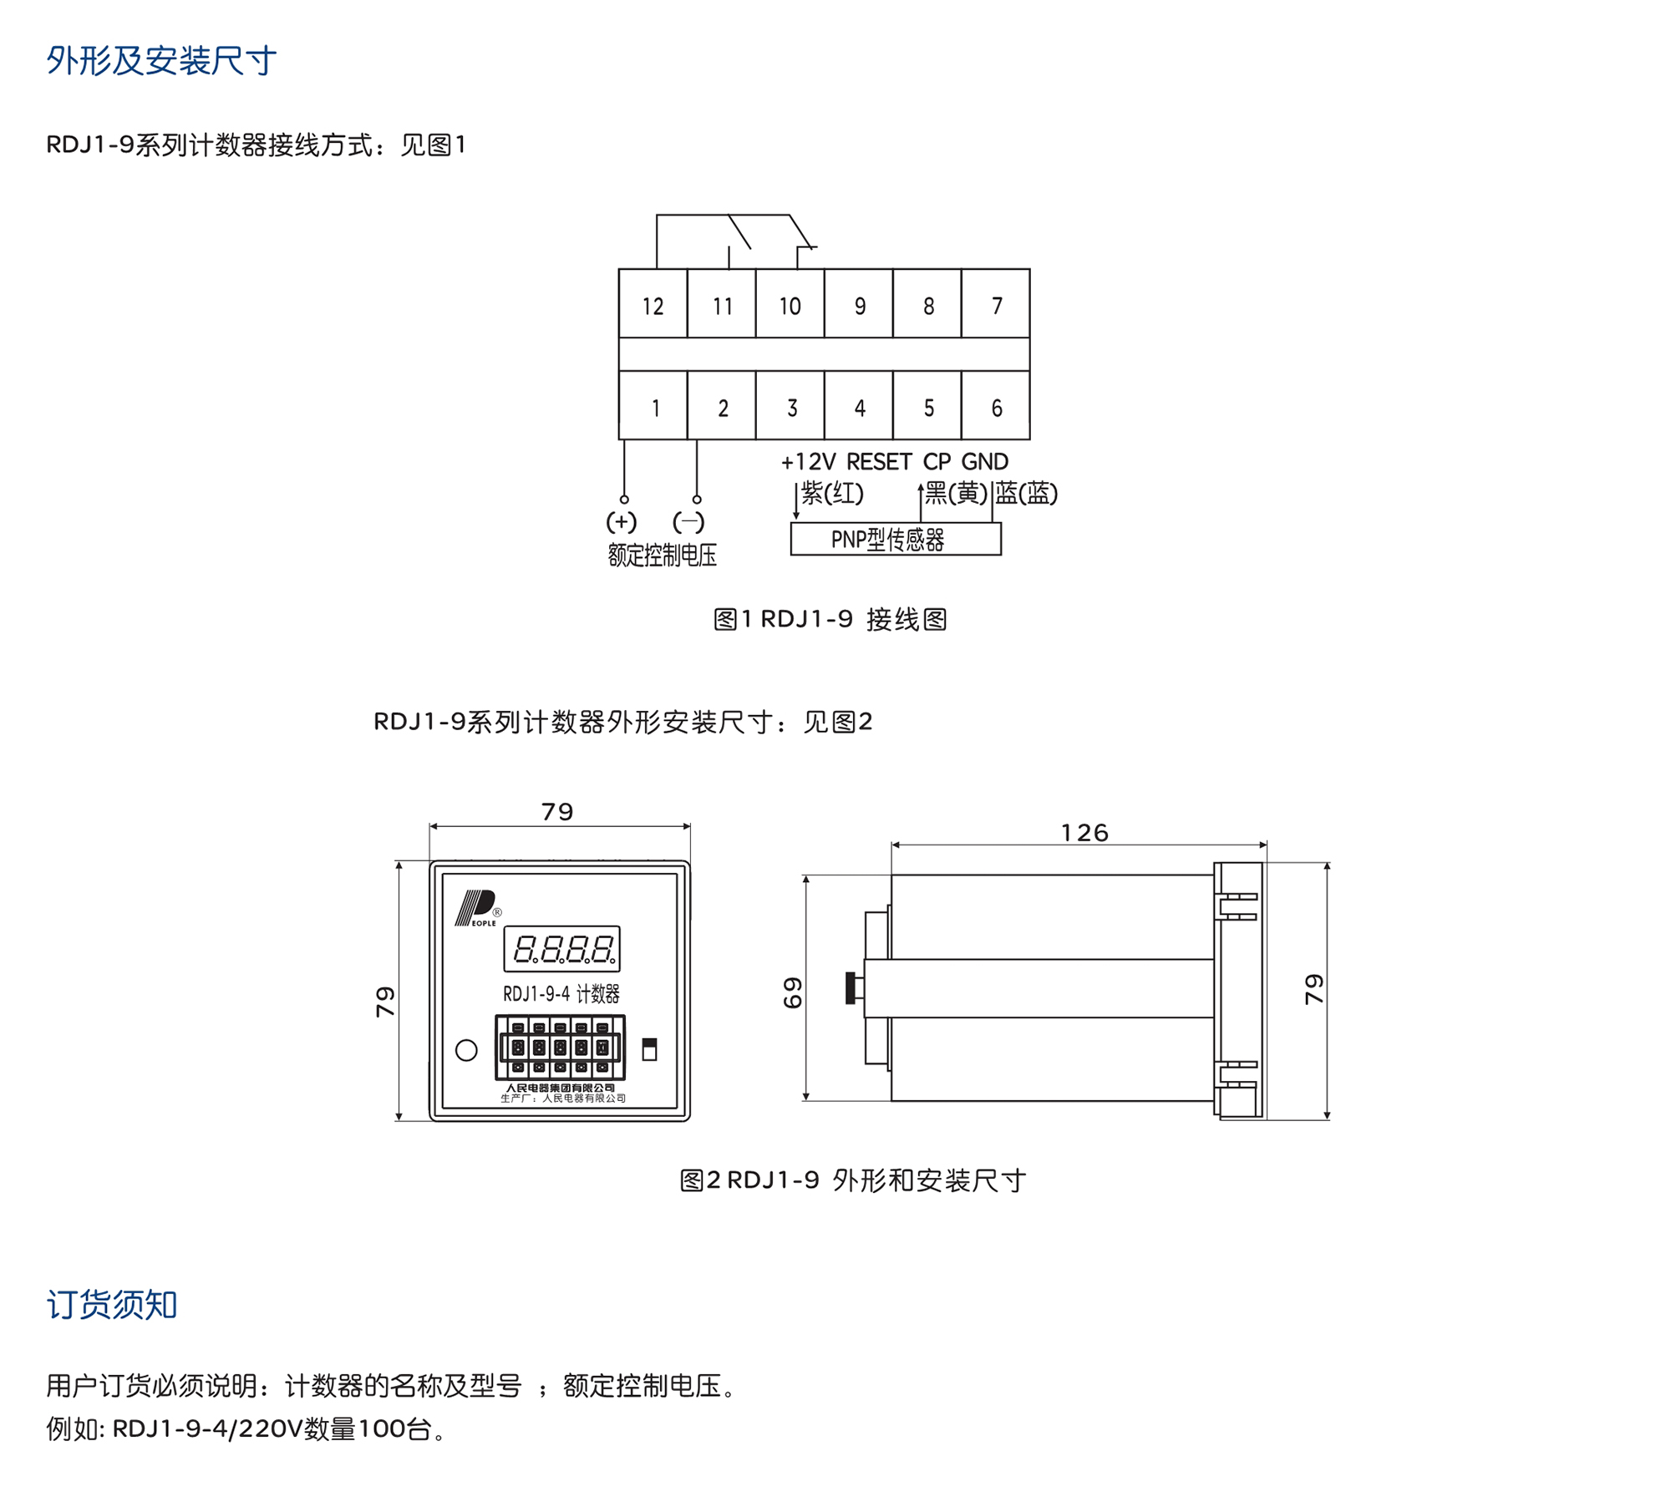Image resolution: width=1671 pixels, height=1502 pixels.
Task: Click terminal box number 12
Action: (x=653, y=305)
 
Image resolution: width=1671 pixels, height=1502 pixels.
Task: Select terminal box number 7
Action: (x=995, y=305)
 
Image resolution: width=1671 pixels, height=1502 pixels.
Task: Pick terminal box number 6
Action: (x=995, y=407)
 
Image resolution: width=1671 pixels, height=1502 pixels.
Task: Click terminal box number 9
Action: (x=859, y=305)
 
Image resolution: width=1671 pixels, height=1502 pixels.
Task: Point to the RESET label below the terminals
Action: (x=879, y=462)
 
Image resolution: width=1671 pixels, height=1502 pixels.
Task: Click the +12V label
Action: (x=807, y=462)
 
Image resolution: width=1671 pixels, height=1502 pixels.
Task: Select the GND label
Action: (x=984, y=462)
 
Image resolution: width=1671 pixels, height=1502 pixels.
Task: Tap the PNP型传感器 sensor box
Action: (x=895, y=539)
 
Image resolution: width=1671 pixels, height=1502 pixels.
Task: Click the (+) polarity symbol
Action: (x=621, y=522)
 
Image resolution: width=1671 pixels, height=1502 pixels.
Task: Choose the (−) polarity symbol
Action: (x=688, y=522)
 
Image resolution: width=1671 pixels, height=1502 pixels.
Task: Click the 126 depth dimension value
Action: (x=1084, y=832)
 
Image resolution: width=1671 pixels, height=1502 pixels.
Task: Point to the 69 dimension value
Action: (x=792, y=992)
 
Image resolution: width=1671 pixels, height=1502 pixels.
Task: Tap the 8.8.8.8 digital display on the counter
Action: (x=561, y=948)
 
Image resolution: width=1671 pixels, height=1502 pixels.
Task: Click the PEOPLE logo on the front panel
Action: (x=477, y=908)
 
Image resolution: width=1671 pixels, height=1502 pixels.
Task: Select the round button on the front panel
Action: (x=466, y=1050)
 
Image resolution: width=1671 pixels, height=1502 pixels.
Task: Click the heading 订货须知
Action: (x=112, y=1304)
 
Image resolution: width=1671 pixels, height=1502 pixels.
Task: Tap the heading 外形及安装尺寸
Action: (x=161, y=60)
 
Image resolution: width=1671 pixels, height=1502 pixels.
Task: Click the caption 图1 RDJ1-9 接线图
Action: (x=830, y=619)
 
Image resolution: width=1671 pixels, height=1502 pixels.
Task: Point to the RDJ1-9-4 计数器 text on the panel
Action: (x=561, y=993)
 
